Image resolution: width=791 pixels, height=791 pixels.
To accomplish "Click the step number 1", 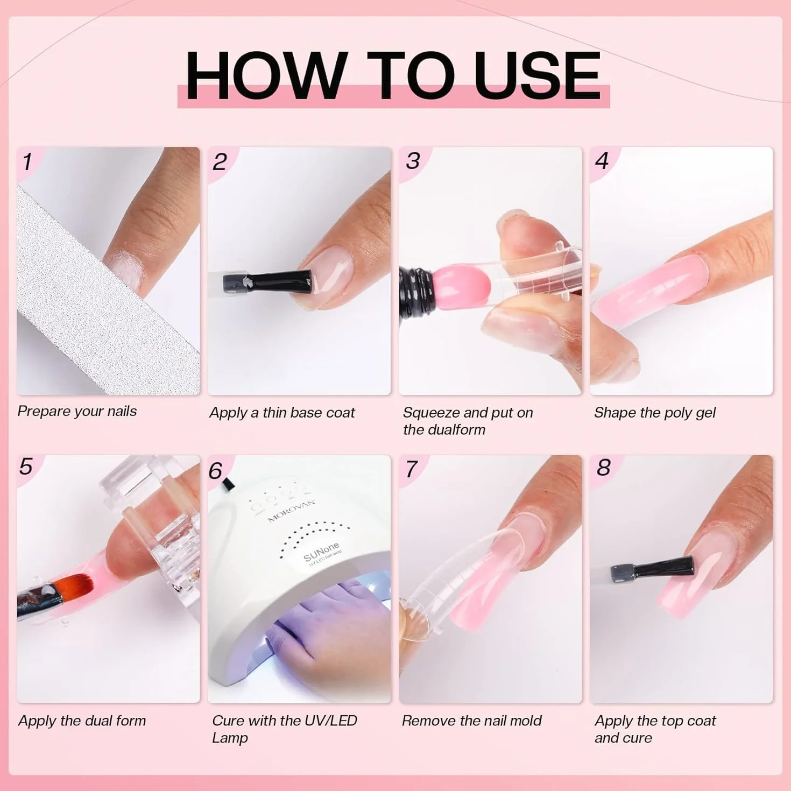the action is pos(27,162).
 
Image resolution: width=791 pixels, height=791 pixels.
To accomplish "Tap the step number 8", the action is pos(603,468).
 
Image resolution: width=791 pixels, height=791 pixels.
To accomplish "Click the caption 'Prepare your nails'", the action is pos(77,411).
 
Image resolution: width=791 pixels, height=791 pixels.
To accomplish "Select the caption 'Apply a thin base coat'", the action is pos(282,413).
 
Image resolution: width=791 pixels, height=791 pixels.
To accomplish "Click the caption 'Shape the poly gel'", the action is pos(655,413).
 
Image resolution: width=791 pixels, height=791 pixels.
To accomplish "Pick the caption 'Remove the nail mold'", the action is pos(472,721).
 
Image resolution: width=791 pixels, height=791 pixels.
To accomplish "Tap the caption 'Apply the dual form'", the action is pos(82,721).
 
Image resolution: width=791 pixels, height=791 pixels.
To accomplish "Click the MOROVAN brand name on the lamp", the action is pos(291,511).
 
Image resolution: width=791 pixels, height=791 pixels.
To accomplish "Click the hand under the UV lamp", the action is pos(324,616).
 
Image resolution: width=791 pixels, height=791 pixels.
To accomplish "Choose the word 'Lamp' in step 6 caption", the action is pos(230,738).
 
